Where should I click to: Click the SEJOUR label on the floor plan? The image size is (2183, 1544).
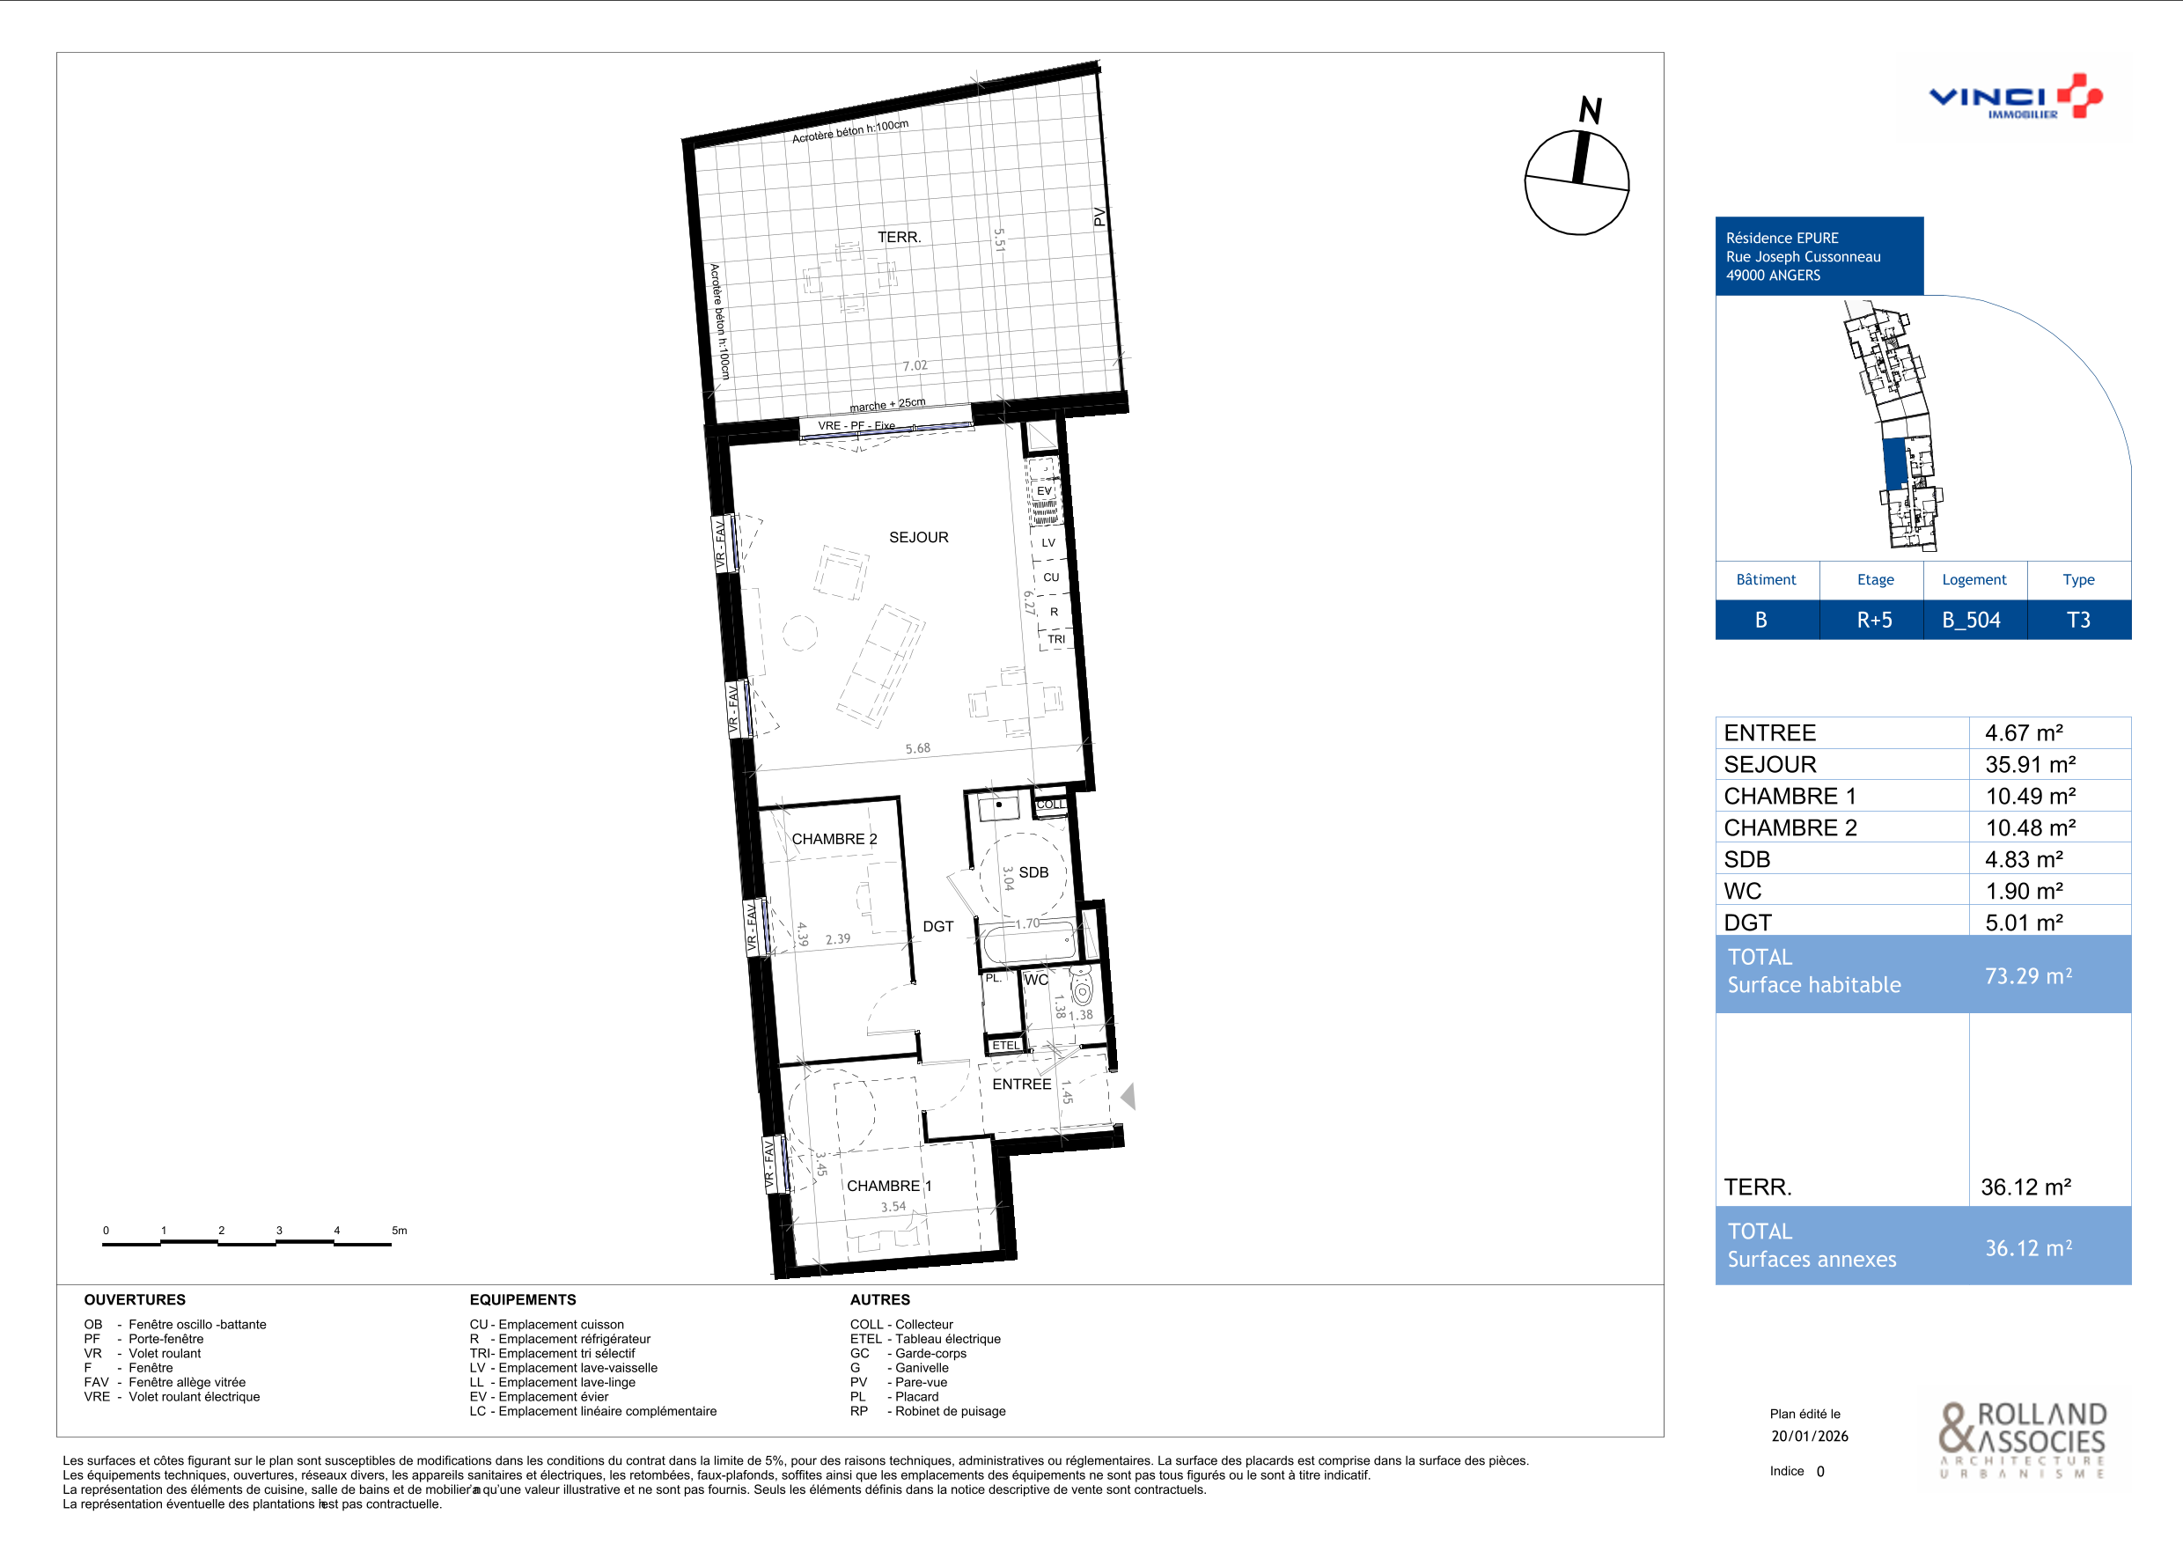point(918,537)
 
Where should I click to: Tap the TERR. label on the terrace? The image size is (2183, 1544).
point(899,237)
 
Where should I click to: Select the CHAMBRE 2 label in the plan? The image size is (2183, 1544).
point(834,839)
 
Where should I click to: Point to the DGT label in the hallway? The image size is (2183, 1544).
point(937,926)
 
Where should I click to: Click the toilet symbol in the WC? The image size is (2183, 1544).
point(1082,986)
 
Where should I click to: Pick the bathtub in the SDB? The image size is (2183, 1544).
point(1030,943)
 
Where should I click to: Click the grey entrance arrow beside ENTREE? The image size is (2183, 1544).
point(1128,1096)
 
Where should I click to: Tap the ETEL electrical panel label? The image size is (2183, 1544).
point(1005,1045)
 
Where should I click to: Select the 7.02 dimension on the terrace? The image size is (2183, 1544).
point(915,365)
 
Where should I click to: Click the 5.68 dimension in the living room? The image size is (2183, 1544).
point(917,748)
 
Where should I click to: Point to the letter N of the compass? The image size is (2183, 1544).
point(1591,110)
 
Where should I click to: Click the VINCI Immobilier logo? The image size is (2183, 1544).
point(2015,97)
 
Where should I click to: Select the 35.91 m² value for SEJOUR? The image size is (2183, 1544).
point(2030,764)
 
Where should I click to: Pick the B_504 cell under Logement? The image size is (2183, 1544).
point(1971,620)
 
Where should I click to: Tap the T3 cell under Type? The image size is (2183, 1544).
point(2078,620)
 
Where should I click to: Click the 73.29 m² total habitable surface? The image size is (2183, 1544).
point(2028,975)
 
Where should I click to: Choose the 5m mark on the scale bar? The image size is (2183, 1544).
point(400,1231)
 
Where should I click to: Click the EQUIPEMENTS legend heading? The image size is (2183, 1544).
point(523,1299)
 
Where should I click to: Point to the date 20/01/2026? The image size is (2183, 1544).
point(1810,1436)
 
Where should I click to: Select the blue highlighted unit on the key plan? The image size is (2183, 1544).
point(1895,463)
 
